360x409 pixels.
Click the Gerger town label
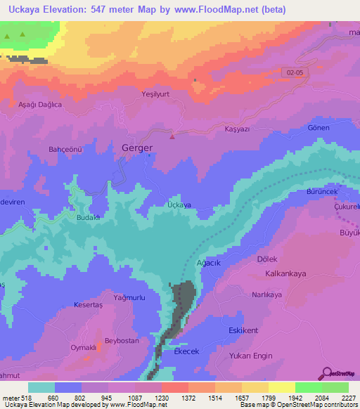point(136,148)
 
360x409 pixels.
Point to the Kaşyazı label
point(237,130)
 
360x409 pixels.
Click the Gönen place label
point(319,127)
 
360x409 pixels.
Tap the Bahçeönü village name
point(65,149)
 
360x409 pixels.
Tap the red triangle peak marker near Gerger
point(172,136)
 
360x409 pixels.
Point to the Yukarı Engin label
point(250,356)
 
